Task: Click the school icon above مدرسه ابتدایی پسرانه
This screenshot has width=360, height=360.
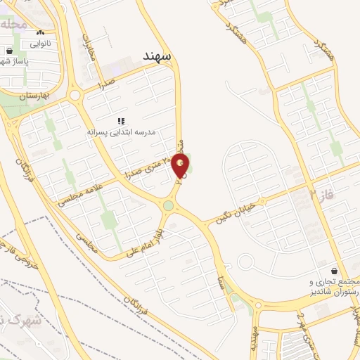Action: pyautogui.click(x=121, y=121)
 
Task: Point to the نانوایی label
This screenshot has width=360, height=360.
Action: pyautogui.click(x=40, y=42)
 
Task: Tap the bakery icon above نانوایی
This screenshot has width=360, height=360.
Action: pyautogui.click(x=40, y=32)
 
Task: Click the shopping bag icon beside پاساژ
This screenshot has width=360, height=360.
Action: pyautogui.click(x=9, y=51)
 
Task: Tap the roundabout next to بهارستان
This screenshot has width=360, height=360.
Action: pyautogui.click(x=75, y=94)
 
